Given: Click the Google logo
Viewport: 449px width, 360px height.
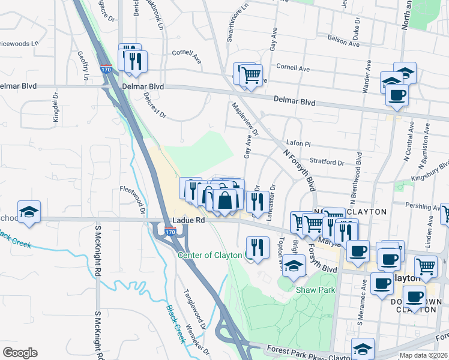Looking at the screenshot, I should click(20, 353).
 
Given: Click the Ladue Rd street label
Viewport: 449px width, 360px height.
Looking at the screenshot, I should click(189, 221).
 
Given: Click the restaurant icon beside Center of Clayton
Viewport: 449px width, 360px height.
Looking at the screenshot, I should click(256, 247).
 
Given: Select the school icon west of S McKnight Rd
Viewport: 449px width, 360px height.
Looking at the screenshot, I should click(29, 212).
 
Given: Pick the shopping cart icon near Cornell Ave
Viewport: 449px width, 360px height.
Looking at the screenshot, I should click(250, 76).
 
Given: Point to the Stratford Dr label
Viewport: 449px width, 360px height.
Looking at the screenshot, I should click(327, 162).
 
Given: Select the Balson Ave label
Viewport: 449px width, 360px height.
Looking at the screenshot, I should click(343, 41).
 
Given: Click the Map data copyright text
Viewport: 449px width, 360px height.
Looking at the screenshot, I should click(423, 355).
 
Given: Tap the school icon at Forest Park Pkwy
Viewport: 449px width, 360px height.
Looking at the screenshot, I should click(363, 349).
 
